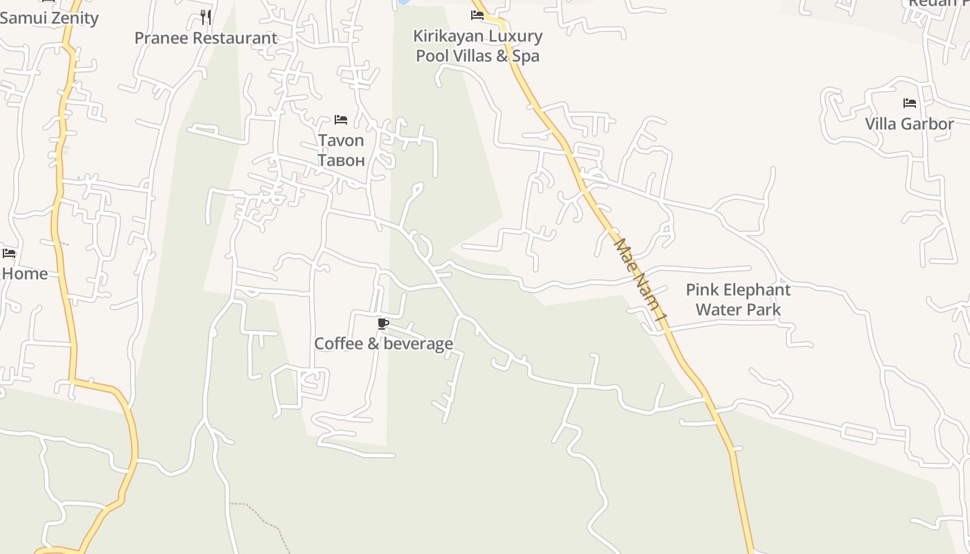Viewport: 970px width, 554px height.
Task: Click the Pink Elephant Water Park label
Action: pos(738,299)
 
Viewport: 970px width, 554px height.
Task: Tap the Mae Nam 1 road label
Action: pos(641,280)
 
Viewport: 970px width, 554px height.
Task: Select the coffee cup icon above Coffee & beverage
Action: pos(382,323)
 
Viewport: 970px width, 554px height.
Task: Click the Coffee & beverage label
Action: pos(383,343)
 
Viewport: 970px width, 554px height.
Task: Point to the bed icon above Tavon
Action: pos(340,120)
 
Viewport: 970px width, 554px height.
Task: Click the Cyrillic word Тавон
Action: pos(341,161)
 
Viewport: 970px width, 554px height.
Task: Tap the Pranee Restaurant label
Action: pos(206,38)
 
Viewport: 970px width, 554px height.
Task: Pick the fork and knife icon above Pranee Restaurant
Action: pos(205,16)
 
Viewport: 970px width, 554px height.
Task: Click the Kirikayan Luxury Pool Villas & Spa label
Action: pos(477,46)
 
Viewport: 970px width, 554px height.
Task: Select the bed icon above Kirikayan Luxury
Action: pos(477,15)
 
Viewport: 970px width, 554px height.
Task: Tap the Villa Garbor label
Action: pos(909,124)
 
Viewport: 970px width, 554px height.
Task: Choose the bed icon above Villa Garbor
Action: pos(909,103)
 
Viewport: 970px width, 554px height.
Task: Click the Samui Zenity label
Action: pos(49,18)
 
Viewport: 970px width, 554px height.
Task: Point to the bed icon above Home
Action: pos(9,253)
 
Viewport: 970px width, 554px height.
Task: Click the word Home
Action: pos(25,274)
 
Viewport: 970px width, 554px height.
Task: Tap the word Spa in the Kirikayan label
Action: pos(525,56)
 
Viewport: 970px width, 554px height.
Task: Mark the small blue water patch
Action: pos(403,2)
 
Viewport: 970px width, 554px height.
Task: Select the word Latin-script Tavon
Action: pos(341,141)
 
